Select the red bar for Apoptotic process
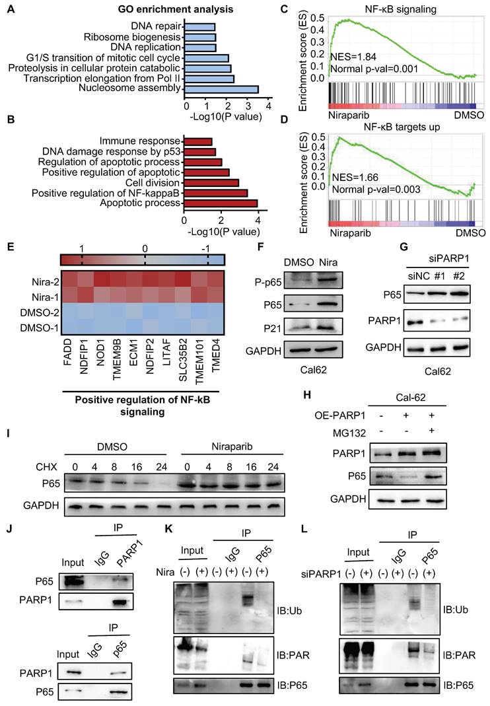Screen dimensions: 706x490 click(x=220, y=203)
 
